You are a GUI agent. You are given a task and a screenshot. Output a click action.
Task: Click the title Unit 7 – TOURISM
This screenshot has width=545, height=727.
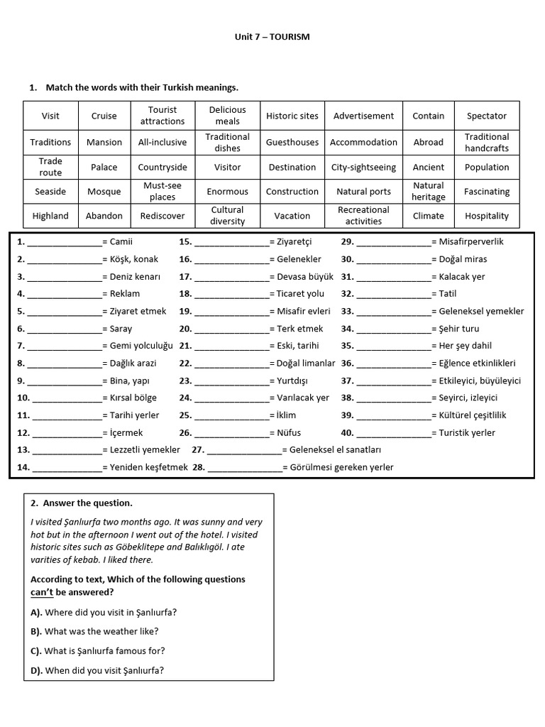272,36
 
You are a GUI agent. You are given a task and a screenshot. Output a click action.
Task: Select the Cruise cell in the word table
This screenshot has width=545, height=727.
104,116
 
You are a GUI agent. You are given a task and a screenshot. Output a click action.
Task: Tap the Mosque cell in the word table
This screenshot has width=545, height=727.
104,192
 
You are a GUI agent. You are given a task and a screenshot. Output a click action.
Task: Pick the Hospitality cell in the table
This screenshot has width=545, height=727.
487,216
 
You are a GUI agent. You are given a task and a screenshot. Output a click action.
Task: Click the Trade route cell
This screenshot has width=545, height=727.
50,167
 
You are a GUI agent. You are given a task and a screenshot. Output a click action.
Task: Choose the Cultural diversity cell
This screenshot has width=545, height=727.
228,216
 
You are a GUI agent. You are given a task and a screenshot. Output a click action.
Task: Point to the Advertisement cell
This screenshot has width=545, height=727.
363,116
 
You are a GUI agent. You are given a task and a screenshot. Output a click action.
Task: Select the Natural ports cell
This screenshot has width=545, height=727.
363,192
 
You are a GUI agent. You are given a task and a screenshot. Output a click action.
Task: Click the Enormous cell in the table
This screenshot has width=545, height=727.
228,192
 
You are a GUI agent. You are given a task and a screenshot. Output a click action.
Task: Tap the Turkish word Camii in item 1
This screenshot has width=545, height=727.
121,241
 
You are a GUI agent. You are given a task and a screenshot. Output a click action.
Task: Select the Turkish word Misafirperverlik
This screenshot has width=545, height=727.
471,241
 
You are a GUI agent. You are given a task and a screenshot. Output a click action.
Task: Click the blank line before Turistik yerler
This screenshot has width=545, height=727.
394,433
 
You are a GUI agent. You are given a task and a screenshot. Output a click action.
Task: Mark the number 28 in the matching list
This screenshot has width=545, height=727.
198,467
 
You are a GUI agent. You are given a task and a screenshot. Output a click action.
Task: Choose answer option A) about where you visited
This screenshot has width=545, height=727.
104,612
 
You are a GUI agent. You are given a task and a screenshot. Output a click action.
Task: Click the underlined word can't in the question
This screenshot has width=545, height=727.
42,592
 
